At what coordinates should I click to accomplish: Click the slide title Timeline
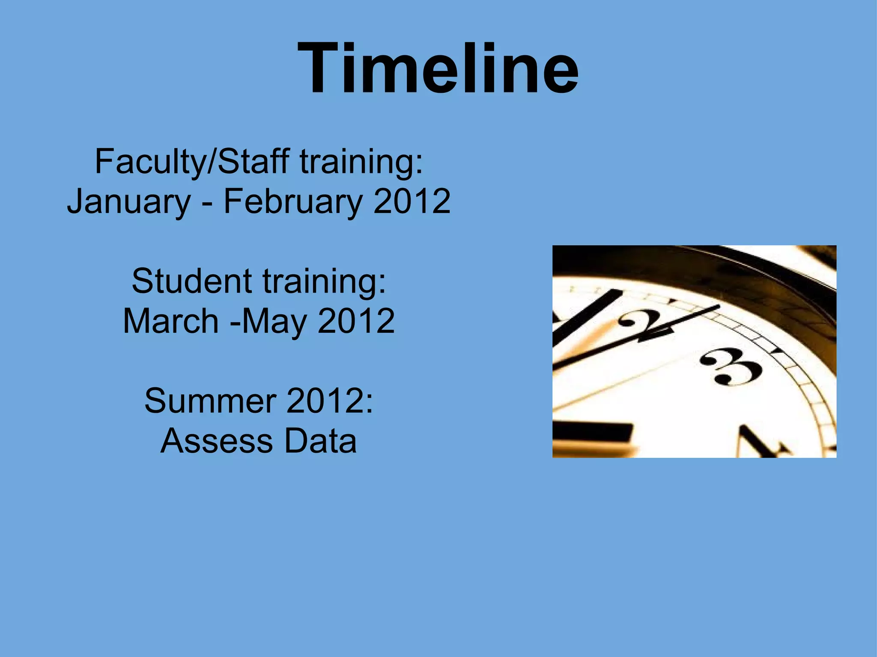[438, 68]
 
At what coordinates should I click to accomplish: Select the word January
[129, 202]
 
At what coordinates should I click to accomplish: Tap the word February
[294, 202]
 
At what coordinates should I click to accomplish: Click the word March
[171, 321]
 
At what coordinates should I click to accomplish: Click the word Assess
[217, 441]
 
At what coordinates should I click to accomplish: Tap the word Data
[320, 441]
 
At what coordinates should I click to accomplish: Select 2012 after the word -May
[356, 321]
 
